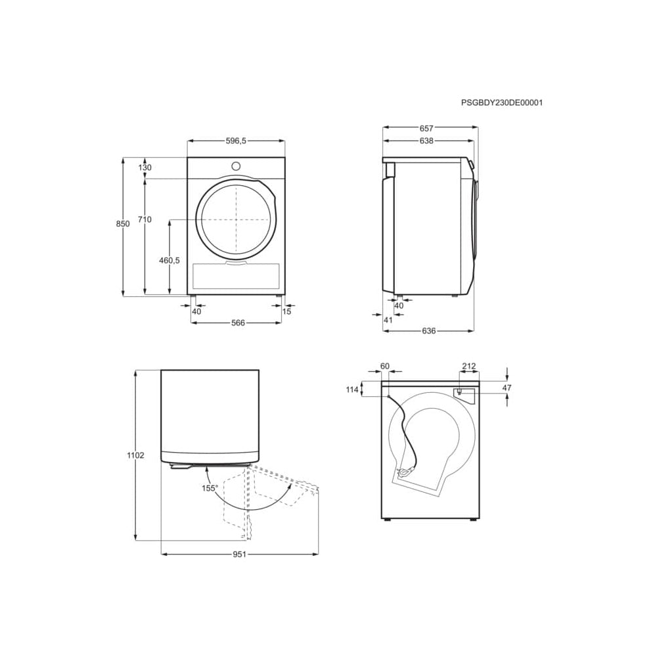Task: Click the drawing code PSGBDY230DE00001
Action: pyautogui.click(x=501, y=102)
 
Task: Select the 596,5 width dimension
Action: pyautogui.click(x=236, y=141)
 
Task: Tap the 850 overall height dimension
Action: pyautogui.click(x=123, y=224)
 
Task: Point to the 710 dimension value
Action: pyautogui.click(x=145, y=219)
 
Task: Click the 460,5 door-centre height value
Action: pyautogui.click(x=170, y=260)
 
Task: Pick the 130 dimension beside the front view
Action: pyautogui.click(x=145, y=168)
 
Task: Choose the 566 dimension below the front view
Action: pyautogui.click(x=238, y=323)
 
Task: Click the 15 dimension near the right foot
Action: pyautogui.click(x=286, y=311)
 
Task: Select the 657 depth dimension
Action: pyautogui.click(x=426, y=129)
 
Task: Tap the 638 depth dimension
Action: pyautogui.click(x=426, y=141)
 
